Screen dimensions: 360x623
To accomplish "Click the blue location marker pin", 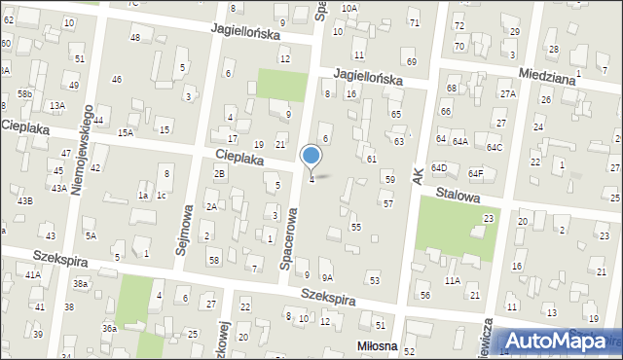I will click(311, 157).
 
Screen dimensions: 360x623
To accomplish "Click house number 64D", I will click(438, 166).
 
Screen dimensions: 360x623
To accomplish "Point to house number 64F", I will click(475, 174).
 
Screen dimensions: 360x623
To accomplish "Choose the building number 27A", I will click(508, 94).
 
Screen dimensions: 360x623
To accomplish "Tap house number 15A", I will click(125, 132).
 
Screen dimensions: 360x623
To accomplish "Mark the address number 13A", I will click(57, 105).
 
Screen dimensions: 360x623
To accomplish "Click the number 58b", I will click(24, 93).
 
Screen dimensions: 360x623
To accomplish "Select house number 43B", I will click(24, 200).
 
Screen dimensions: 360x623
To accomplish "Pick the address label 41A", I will click(33, 275).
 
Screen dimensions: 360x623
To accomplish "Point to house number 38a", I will click(81, 283).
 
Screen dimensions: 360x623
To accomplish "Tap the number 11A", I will click(453, 280).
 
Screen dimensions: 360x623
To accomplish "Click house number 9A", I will click(327, 277).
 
